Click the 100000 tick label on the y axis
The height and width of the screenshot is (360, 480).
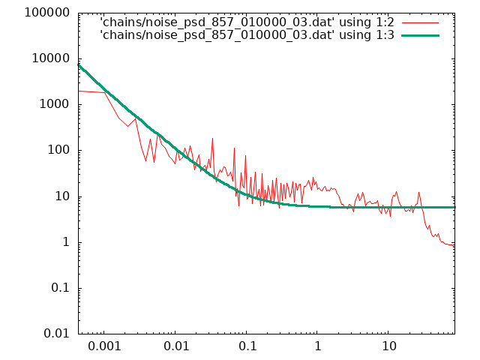coord(47,13)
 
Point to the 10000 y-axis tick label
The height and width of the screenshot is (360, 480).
coord(51,58)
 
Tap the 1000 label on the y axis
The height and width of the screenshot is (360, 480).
coord(55,104)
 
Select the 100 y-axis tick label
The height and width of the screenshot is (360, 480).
coord(58,150)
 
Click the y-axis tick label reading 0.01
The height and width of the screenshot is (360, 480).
coord(57,334)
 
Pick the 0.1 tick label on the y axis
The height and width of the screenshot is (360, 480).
coord(61,288)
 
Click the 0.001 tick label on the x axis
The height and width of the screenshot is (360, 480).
coord(104,346)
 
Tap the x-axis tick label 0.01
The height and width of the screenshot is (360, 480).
coord(175,346)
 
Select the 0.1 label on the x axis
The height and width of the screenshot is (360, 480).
coord(247,346)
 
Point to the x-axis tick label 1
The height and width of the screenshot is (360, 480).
coord(318,346)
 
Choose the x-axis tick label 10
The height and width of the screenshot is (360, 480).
coord(388,346)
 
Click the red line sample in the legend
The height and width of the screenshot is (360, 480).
coord(420,23)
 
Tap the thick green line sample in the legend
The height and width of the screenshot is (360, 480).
coord(420,35)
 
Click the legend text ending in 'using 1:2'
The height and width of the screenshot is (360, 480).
coord(247,22)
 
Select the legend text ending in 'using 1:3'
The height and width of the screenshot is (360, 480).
coord(247,35)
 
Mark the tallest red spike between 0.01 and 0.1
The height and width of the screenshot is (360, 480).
coord(212,139)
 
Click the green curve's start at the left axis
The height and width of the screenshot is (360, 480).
coord(79,65)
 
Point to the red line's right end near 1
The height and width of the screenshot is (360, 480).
coord(454,246)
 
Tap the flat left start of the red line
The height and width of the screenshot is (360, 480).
coord(91,91)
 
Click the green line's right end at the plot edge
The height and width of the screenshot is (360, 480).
coord(454,207)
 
